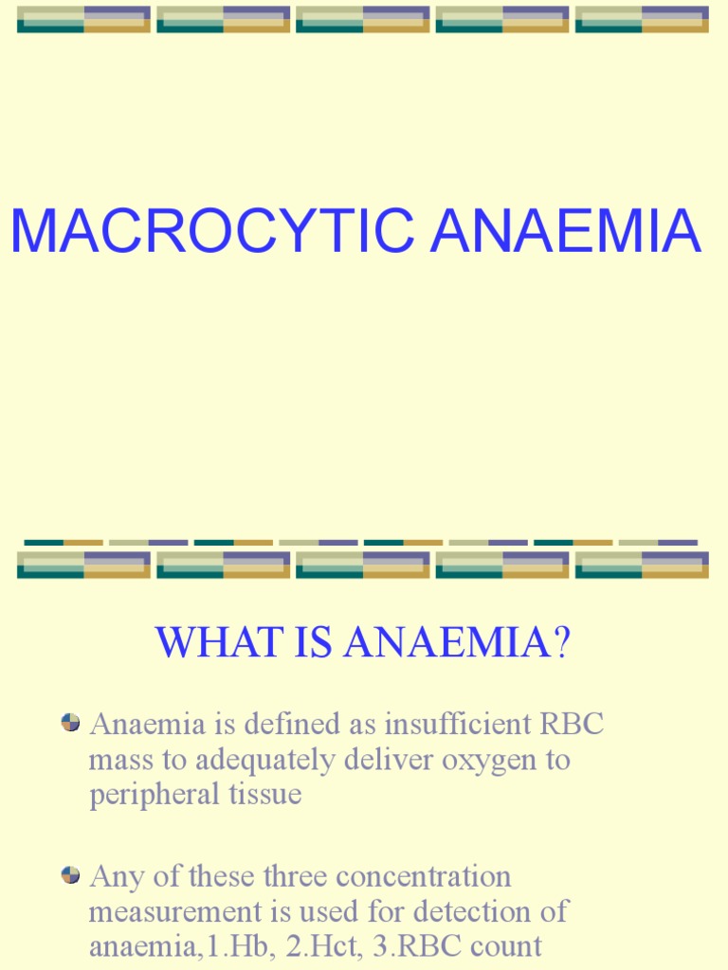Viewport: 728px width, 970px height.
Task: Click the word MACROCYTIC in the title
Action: point(211,231)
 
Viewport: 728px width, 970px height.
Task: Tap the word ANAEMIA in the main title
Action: point(566,231)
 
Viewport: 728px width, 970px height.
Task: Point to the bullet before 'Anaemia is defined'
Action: point(70,723)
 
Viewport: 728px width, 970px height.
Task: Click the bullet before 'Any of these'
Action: point(70,875)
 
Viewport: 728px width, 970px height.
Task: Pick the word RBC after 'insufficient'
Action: point(572,725)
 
